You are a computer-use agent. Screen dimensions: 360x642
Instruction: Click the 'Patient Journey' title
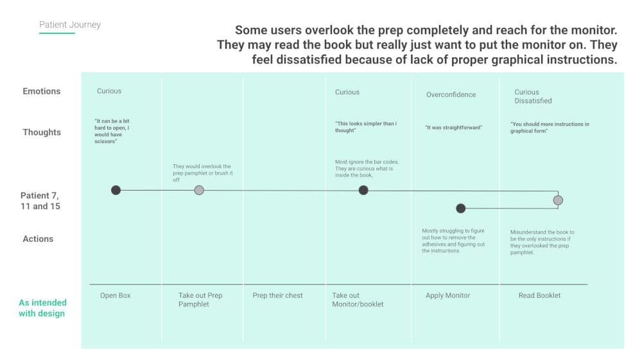(x=70, y=24)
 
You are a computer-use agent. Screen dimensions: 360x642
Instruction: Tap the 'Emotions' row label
(x=42, y=91)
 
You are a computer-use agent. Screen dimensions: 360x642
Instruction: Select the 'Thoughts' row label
(x=42, y=132)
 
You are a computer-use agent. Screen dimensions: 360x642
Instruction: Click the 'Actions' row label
(x=38, y=239)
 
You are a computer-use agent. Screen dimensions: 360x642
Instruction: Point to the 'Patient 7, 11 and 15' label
(x=40, y=201)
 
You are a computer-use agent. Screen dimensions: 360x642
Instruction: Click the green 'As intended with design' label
(x=42, y=308)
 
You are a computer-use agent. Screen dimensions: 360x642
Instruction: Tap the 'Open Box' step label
(x=116, y=296)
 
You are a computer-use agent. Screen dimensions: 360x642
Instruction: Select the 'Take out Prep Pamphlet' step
(x=200, y=300)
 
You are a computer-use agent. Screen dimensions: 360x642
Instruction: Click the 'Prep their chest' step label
(x=277, y=296)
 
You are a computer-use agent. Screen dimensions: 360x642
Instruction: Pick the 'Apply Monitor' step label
(x=447, y=296)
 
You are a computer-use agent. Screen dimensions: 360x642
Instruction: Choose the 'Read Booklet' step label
(x=539, y=296)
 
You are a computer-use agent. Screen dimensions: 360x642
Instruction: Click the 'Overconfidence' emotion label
(x=451, y=95)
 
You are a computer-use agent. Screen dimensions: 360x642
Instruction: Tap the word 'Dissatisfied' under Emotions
(x=533, y=101)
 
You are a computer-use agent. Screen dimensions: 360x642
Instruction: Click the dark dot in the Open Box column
(x=116, y=190)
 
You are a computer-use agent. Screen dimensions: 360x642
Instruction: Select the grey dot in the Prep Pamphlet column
(x=199, y=190)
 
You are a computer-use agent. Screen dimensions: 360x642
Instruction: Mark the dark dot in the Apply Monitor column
(x=460, y=208)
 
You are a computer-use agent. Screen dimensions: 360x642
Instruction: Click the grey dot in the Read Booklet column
(x=558, y=200)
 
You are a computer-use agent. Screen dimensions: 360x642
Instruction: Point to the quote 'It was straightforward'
(x=454, y=128)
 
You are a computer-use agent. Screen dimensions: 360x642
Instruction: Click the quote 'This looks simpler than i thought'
(x=365, y=126)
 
